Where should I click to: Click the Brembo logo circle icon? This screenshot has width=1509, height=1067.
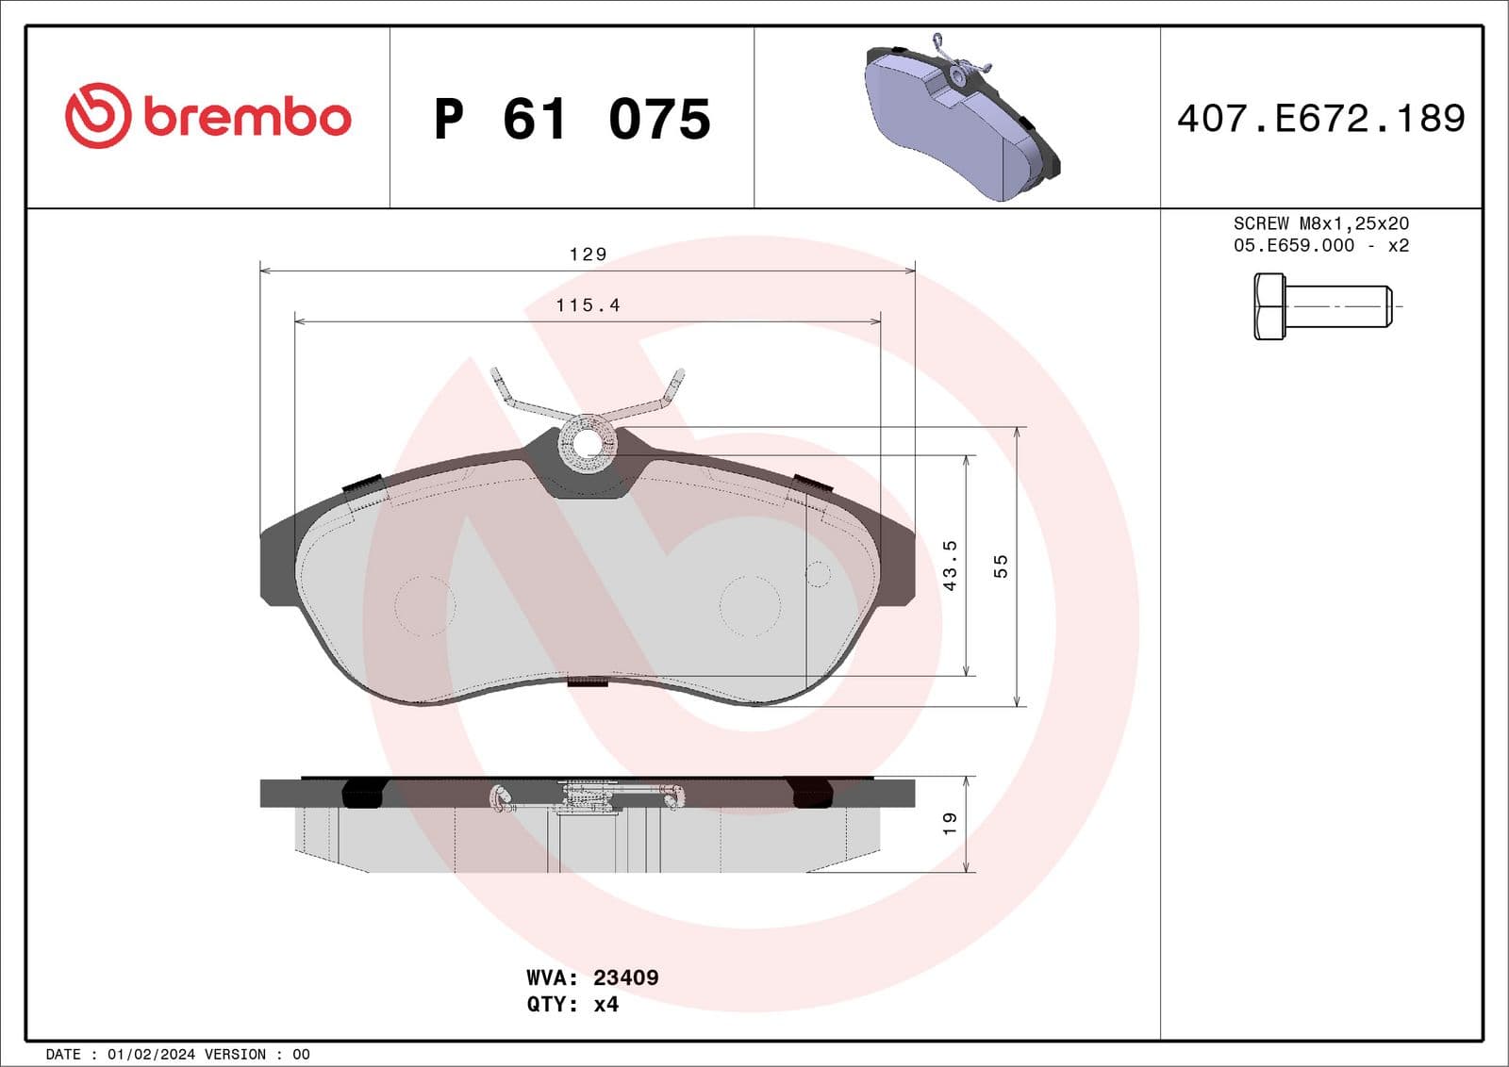[x=97, y=116]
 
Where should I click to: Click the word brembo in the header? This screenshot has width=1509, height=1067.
[x=247, y=118]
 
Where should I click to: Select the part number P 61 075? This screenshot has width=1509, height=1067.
[x=572, y=120]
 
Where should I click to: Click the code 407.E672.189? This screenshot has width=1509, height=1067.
[x=1320, y=119]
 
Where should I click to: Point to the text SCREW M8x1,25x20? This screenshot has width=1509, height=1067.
[x=1320, y=223]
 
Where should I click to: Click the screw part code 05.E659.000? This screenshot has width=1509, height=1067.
[x=1293, y=246]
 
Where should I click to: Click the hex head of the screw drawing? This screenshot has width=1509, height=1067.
[x=1269, y=306]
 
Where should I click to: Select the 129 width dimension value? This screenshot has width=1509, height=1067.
[x=588, y=254]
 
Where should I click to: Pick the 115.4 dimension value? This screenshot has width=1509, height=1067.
[x=588, y=305]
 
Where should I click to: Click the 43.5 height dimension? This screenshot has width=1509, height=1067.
[x=950, y=566]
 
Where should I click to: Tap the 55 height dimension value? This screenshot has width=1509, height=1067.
[x=1001, y=566]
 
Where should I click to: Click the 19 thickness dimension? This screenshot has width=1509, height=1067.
[x=950, y=823]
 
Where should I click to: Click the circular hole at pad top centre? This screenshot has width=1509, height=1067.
[x=588, y=444]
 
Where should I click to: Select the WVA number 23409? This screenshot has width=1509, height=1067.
[x=625, y=977]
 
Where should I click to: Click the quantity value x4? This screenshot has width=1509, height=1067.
[x=605, y=1005]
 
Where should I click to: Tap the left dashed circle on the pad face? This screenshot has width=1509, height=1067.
[x=424, y=606]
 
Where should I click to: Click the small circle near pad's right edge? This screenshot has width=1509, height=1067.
[x=818, y=574]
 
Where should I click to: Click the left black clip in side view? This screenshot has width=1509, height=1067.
[x=361, y=793]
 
